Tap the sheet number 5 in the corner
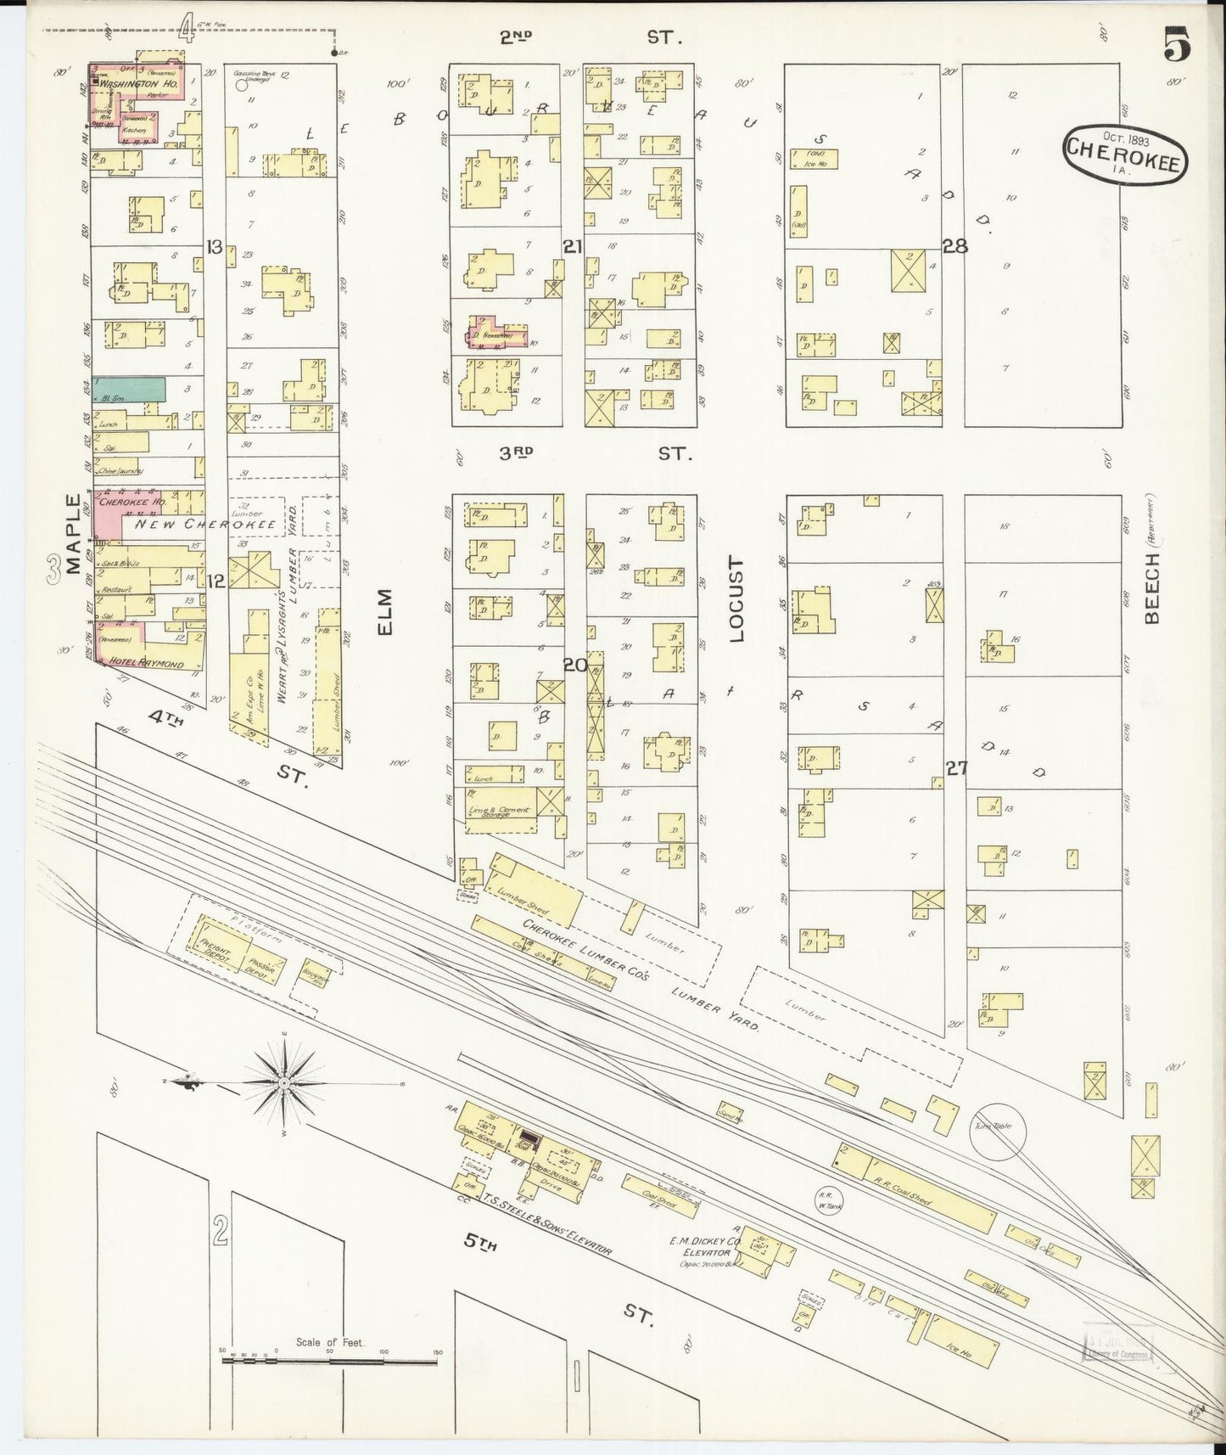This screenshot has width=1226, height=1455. (x=1176, y=44)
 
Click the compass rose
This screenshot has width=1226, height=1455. (x=287, y=1083)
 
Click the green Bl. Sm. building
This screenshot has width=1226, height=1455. (x=129, y=390)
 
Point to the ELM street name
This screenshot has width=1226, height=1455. (x=386, y=610)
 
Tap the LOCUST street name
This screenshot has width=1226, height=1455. (x=735, y=599)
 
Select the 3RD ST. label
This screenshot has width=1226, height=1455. (x=594, y=454)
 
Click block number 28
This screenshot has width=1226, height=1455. (x=955, y=246)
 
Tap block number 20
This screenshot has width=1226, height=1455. (x=575, y=665)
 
